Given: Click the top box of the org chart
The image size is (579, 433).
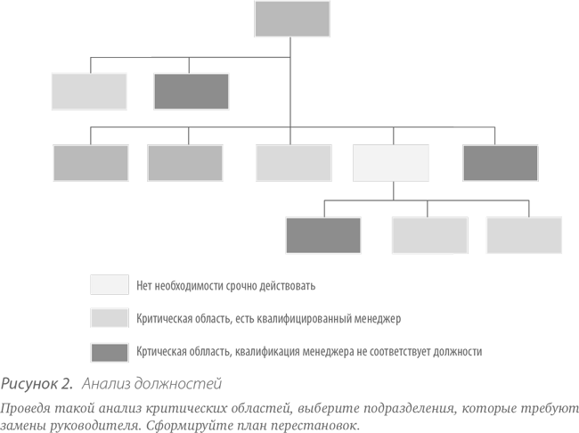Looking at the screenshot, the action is pyautogui.click(x=292, y=19).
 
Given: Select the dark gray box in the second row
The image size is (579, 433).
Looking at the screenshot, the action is pyautogui.click(x=192, y=91).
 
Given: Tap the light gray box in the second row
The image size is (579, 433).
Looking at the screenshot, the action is pyautogui.click(x=89, y=91).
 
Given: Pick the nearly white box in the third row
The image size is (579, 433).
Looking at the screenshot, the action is pyautogui.click(x=391, y=163).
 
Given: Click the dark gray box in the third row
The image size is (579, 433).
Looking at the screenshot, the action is pyautogui.click(x=501, y=163).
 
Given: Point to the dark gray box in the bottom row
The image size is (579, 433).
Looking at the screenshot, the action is pyautogui.click(x=323, y=235).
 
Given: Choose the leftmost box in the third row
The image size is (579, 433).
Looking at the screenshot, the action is pyautogui.click(x=91, y=163).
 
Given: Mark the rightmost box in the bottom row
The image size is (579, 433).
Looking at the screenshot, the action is pyautogui.click(x=525, y=235).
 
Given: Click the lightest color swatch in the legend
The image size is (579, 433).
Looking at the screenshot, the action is pyautogui.click(x=110, y=284).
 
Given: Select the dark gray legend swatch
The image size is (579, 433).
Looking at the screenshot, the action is pyautogui.click(x=110, y=353).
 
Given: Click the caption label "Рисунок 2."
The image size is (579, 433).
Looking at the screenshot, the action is pyautogui.click(x=37, y=383).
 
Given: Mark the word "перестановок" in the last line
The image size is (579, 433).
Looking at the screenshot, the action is pyautogui.click(x=315, y=426).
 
